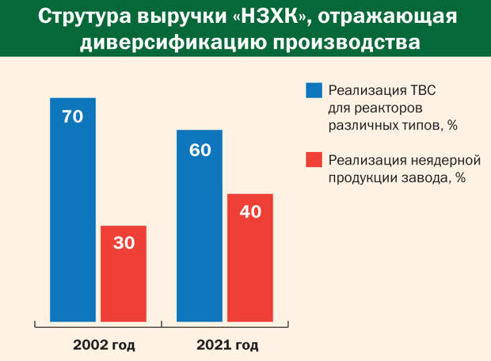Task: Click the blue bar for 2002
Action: click(x=73, y=210)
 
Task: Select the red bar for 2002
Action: click(x=124, y=274)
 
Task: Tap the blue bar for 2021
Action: click(x=200, y=226)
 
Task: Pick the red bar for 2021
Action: click(x=250, y=257)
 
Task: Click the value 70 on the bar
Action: click(x=73, y=116)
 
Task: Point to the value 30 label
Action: click(x=124, y=243)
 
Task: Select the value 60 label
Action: click(x=200, y=150)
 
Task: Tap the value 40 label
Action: click(x=250, y=211)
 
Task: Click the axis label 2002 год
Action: click(x=104, y=345)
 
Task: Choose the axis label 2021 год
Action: click(x=227, y=345)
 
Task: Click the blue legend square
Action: click(x=314, y=90)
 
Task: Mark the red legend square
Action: click(x=314, y=160)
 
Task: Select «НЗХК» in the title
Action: click(x=272, y=17)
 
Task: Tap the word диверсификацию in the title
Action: click(x=173, y=43)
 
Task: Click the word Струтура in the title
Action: click(x=85, y=17)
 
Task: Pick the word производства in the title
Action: click(x=346, y=43)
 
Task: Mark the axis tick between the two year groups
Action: click(x=162, y=325)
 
